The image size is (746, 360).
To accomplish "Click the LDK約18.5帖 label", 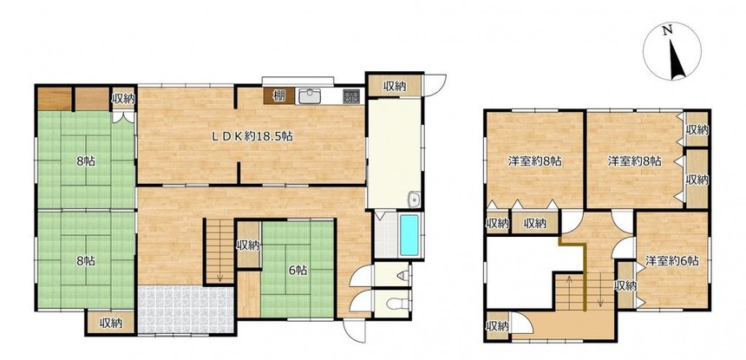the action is (x=252, y=136).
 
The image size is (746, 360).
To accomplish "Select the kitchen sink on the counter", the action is (x=310, y=96).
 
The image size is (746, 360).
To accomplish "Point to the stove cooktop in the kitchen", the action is (x=351, y=97).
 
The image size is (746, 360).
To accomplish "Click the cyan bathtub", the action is (x=409, y=235).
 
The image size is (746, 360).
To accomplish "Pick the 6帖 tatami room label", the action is (x=298, y=271).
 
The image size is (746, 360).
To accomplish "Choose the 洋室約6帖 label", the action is (x=671, y=260).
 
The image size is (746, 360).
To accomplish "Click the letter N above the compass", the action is (x=669, y=30).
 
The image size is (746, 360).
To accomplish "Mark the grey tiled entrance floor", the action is (x=186, y=309).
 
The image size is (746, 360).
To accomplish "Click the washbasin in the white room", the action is (x=415, y=200).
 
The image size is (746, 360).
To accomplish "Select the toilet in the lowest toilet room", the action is (x=397, y=303).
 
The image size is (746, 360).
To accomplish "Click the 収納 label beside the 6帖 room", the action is (x=248, y=245).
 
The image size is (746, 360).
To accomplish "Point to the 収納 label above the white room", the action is (x=395, y=86).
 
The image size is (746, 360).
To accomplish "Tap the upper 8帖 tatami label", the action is (x=86, y=160).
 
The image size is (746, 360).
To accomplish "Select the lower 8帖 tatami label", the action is (x=86, y=260).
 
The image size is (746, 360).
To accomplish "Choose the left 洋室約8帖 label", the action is (x=534, y=161).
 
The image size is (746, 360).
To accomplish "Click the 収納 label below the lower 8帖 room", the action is (x=111, y=324).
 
